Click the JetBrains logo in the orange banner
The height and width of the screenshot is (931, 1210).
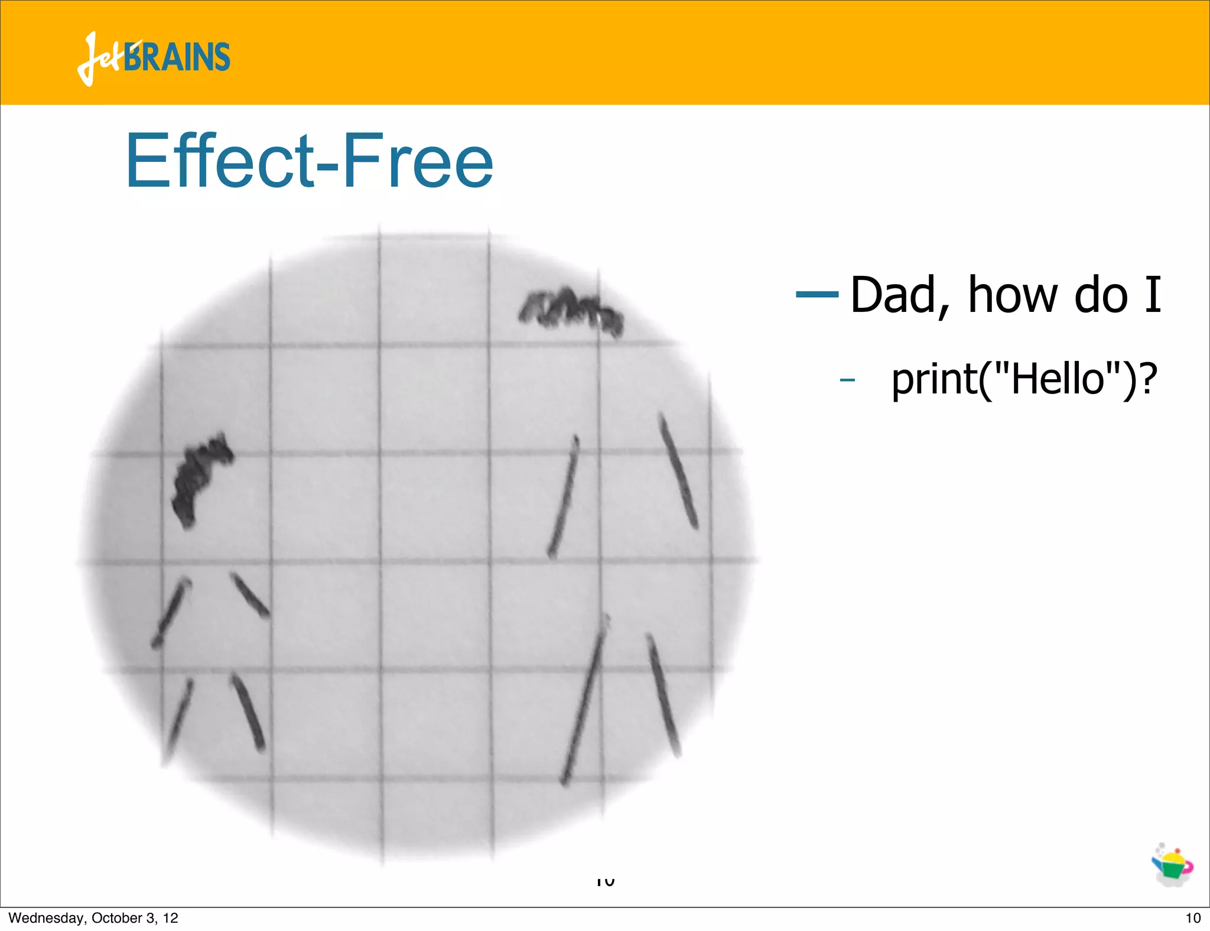[154, 58]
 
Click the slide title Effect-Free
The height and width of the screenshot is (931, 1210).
[309, 161]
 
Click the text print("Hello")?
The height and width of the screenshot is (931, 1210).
[1024, 379]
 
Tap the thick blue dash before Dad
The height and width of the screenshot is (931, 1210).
[817, 294]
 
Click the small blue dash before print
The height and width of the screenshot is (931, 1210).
[847, 380]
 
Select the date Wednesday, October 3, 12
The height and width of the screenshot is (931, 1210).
[93, 918]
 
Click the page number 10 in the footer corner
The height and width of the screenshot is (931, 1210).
[1193, 918]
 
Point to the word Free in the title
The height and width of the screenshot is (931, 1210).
[417, 161]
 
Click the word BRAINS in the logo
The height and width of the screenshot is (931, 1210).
[177, 57]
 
